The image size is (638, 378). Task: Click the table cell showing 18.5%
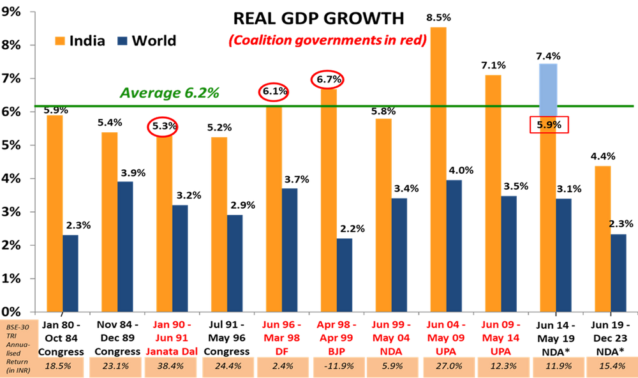[58, 367]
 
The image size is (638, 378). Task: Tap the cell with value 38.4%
[171, 367]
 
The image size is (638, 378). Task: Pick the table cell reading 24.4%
[227, 367]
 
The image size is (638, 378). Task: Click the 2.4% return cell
[283, 367]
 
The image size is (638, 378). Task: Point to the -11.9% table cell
[338, 367]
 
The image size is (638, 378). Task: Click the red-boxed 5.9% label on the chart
[549, 125]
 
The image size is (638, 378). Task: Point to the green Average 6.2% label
[169, 93]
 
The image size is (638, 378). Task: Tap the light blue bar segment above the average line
[548, 83]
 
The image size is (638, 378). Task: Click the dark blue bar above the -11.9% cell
[345, 275]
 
